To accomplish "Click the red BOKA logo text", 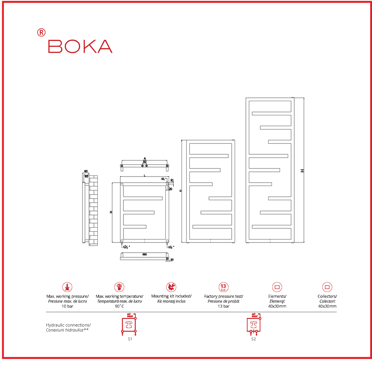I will point(80,46).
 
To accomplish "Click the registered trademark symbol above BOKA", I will point(41,32).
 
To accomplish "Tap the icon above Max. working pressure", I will point(67,287).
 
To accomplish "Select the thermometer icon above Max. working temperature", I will point(119,287).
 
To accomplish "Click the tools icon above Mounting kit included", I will point(171,287).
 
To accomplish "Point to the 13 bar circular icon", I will point(223,287).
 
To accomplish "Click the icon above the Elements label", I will point(277,287).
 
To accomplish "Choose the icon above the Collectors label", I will point(327,287).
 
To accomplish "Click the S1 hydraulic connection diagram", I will point(129,325).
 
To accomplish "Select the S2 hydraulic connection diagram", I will point(254,325).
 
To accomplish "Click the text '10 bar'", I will point(67,306).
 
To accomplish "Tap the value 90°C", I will point(119,306).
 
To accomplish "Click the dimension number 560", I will point(144,254).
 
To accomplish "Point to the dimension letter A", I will point(145,158).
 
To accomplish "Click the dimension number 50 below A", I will point(144,162).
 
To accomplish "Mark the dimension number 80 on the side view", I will point(86,171).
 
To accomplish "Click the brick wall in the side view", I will point(93,210).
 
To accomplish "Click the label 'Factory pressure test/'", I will point(224,296).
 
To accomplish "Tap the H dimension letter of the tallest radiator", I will point(302,171).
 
